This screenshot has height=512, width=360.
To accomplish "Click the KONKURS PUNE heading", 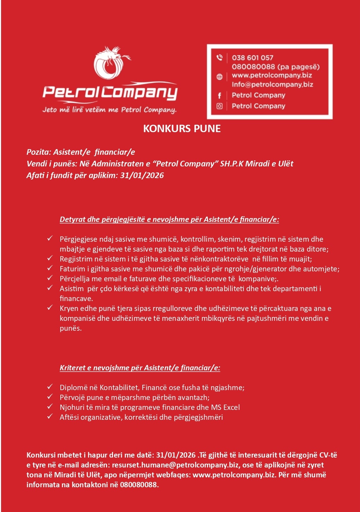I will tap(182, 129).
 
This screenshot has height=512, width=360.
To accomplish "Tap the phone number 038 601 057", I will tap(252, 58).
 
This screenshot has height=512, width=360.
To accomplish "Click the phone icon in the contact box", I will tap(219, 58).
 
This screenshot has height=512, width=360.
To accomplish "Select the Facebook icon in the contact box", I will tap(219, 95).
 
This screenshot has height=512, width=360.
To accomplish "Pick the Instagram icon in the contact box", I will tap(219, 106).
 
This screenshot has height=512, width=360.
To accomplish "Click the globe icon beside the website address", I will tap(219, 77).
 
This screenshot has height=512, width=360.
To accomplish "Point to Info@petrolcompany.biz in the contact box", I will tap(272, 84).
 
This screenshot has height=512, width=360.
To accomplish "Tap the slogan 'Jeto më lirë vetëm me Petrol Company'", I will tap(109, 110).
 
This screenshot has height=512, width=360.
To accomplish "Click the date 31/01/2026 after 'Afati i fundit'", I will tap(142, 175).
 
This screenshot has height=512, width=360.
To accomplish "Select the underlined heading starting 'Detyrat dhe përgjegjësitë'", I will tap(169, 219).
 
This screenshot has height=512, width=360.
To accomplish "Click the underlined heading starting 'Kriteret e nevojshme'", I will tap(140, 368).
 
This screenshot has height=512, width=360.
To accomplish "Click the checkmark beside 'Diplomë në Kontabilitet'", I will tap(50, 387).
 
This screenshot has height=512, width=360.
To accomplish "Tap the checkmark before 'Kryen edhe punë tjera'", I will tap(50, 308).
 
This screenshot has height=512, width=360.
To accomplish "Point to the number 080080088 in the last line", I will tap(138, 485).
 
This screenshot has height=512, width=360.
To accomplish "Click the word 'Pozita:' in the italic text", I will tap(39, 152).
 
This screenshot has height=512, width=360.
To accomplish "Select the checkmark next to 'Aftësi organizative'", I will tap(50, 417).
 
